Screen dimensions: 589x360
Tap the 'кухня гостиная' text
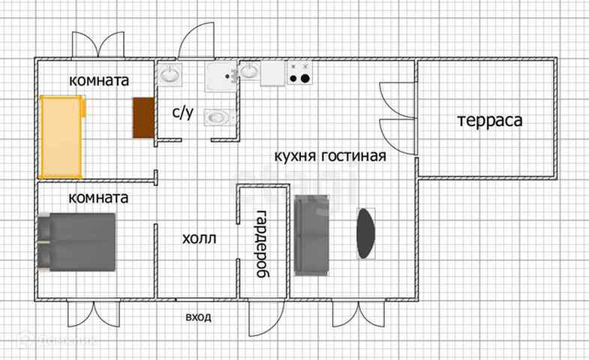click(x=329, y=156)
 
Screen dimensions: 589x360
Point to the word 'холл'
click(x=199, y=239)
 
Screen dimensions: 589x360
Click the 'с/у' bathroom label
click(x=183, y=113)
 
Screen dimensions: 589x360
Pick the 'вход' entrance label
click(x=198, y=316)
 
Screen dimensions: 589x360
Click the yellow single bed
click(x=62, y=136)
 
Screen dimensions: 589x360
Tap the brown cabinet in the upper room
click(x=142, y=118)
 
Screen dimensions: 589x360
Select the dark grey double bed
click(x=77, y=242)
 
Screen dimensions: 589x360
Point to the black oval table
click(x=365, y=233)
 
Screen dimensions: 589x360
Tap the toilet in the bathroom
click(x=219, y=117)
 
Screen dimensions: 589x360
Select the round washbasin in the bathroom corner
click(x=170, y=74)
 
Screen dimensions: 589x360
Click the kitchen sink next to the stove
click(x=250, y=73)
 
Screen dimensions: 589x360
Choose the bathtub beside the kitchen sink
click(x=222, y=74)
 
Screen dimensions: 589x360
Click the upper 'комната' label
click(x=99, y=80)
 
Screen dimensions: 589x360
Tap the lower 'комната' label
click(x=98, y=198)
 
